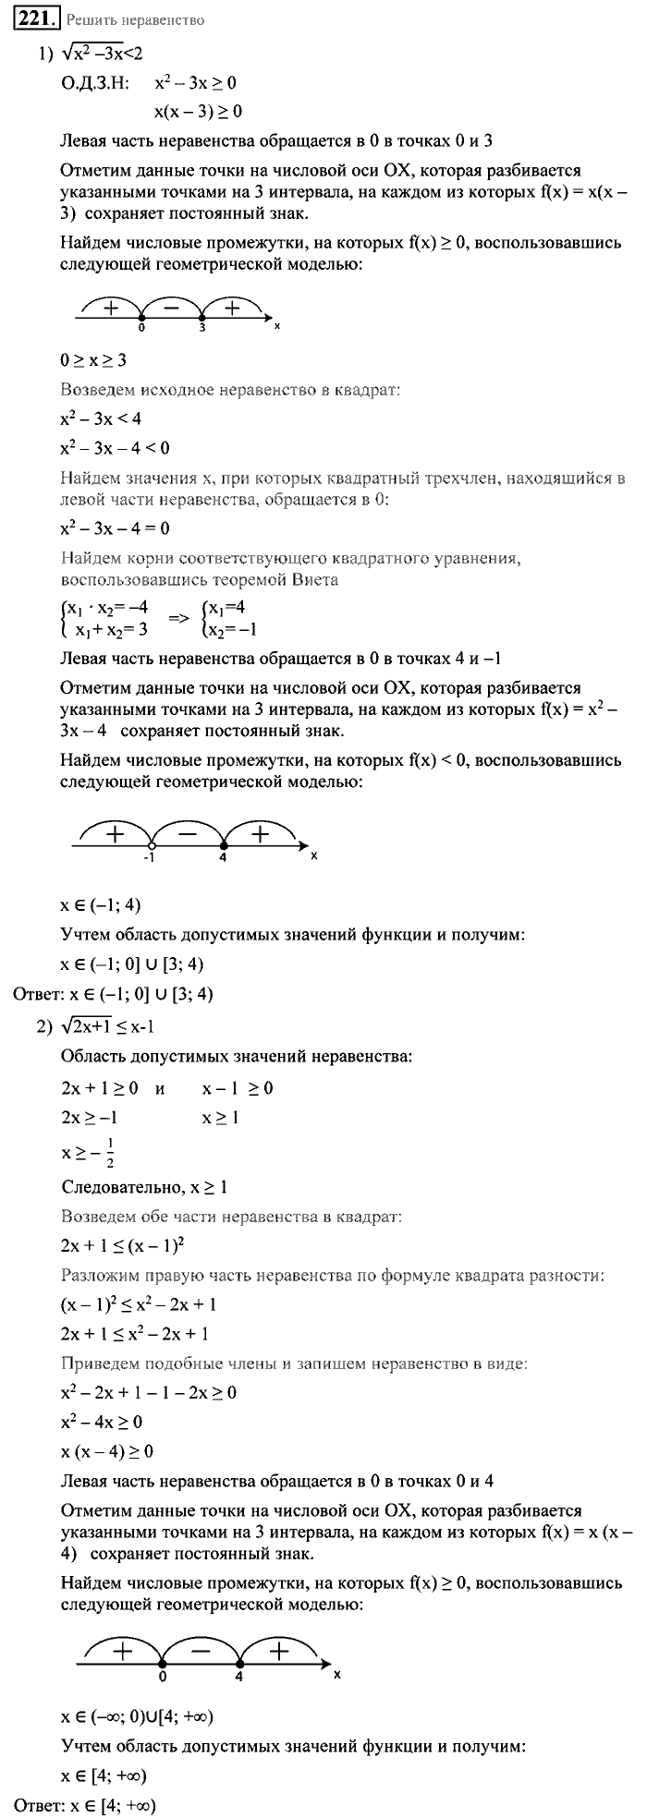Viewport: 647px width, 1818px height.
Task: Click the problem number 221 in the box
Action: click(x=35, y=18)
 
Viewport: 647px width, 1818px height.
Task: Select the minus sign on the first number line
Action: click(x=172, y=307)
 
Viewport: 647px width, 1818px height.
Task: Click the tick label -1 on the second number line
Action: click(x=149, y=856)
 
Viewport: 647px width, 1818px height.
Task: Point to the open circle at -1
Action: click(x=151, y=843)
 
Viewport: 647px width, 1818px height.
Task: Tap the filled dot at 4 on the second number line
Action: click(x=224, y=843)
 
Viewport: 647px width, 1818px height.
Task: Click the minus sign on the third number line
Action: click(x=201, y=1649)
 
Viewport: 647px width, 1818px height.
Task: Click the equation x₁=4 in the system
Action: click(x=224, y=608)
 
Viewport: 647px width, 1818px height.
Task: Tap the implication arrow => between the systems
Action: click(x=176, y=616)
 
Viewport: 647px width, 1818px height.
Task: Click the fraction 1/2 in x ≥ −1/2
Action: click(x=110, y=1154)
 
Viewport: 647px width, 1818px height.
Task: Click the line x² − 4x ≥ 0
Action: click(x=102, y=1422)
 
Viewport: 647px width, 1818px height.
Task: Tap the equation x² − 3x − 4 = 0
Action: click(x=115, y=528)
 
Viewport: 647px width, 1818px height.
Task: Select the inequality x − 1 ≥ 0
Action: click(x=238, y=1088)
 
